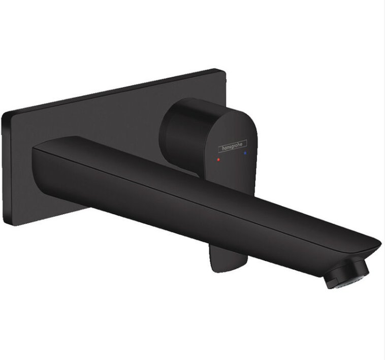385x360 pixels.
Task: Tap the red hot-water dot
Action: point(219,159)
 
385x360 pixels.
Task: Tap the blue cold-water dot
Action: point(245,151)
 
